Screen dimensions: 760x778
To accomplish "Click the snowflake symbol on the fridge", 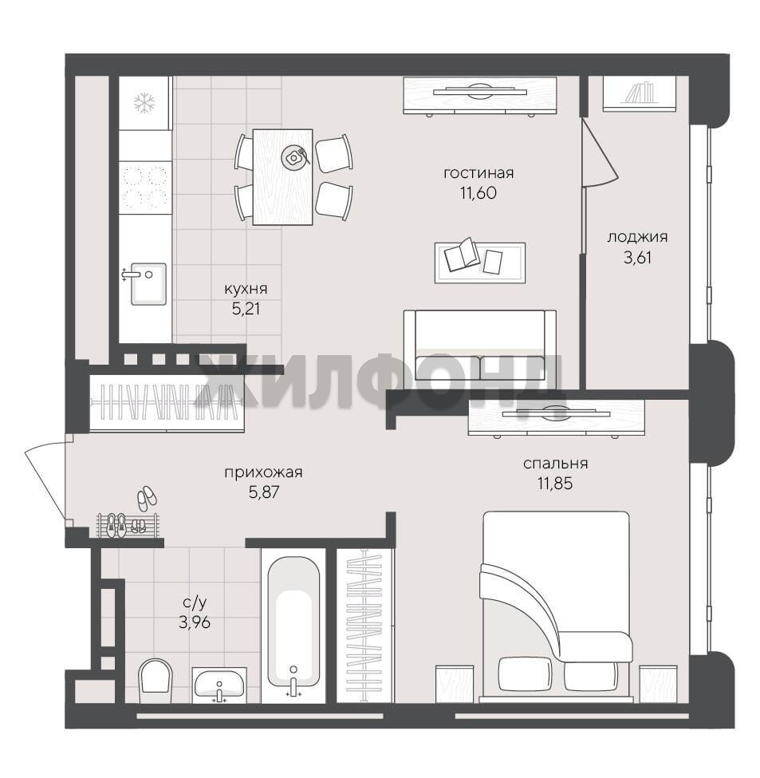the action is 144,103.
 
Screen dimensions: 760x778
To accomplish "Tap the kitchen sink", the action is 148,284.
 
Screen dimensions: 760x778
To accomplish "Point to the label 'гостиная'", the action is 478,173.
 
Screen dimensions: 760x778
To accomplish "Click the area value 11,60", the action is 478,193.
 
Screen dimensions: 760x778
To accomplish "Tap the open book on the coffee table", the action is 462,255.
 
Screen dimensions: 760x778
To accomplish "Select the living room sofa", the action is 479,345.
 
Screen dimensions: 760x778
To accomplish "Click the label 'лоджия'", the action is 637,237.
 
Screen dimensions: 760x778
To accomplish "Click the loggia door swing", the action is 601,152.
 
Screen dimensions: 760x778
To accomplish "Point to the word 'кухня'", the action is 246,289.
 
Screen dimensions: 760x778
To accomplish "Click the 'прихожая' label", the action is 263,472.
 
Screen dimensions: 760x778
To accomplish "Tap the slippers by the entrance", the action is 146,498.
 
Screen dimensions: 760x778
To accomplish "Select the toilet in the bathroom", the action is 156,681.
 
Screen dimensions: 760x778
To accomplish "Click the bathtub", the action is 293,625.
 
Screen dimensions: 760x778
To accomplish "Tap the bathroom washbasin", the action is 219,685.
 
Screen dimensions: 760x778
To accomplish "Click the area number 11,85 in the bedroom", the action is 555,484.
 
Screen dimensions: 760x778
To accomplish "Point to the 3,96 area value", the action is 195,622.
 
